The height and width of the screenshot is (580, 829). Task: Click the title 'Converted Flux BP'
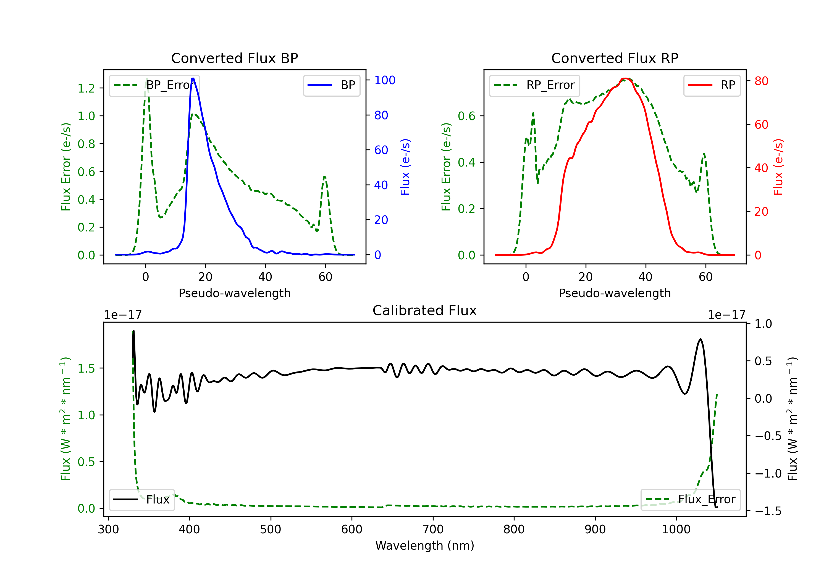(234, 58)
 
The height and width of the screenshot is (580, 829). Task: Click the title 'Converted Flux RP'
(615, 58)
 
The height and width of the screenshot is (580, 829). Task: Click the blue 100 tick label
(385, 80)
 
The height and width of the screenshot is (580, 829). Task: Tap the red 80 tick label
(761, 81)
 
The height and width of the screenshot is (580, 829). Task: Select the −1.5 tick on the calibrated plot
(768, 511)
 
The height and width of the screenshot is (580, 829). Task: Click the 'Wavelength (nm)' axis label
(425, 545)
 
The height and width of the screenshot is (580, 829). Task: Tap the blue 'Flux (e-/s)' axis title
(405, 167)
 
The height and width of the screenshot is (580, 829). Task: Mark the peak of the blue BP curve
(193, 78)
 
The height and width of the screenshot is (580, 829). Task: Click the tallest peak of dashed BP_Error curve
(146, 78)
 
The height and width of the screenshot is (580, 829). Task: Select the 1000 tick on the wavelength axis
(676, 529)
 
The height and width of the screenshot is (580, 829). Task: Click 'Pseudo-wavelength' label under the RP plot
(615, 293)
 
